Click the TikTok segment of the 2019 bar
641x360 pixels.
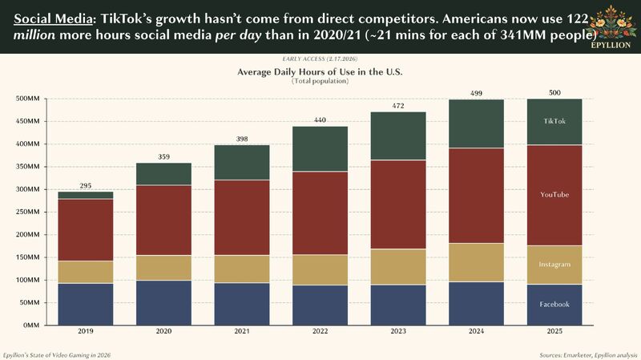click(85, 195)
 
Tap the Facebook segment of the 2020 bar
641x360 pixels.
click(163, 302)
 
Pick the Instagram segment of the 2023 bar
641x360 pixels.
click(397, 267)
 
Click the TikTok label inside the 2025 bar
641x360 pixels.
click(554, 121)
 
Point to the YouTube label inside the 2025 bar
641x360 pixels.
click(554, 195)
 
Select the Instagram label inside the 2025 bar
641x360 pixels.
click(554, 264)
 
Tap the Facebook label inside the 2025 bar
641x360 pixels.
click(554, 304)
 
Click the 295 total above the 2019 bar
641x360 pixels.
click(85, 186)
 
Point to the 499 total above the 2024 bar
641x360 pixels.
click(476, 93)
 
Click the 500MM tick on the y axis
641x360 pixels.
click(30, 99)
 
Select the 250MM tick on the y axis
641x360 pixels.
click(30, 212)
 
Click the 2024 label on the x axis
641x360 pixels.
click(476, 333)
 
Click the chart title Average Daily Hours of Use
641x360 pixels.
click(320, 72)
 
